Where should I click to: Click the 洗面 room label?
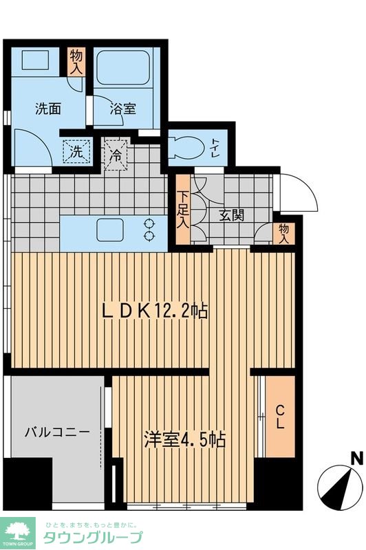(48, 107)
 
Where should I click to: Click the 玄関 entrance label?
(232, 214)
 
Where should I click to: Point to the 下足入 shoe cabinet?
(182, 210)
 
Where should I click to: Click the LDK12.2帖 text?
(155, 310)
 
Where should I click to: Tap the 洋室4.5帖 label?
(185, 439)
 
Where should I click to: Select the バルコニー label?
(57, 432)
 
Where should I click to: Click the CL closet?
(280, 417)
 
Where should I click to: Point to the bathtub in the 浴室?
(126, 69)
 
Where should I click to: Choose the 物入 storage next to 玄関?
(283, 233)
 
